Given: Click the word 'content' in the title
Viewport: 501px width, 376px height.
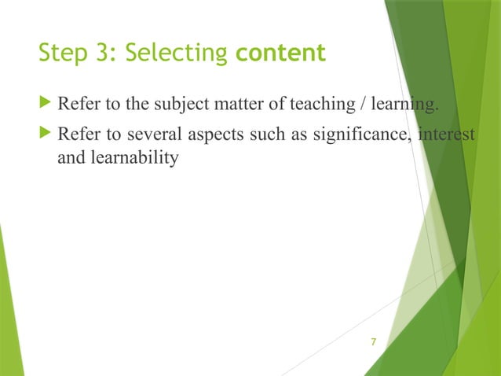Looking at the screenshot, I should pos(280,53).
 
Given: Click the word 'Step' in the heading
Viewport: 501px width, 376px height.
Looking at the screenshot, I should pos(59,53).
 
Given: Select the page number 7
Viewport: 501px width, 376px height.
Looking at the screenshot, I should pos(373,341).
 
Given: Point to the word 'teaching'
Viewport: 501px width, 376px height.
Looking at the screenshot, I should pos(286,107).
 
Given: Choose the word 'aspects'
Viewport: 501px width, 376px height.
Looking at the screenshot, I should pos(198,137).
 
